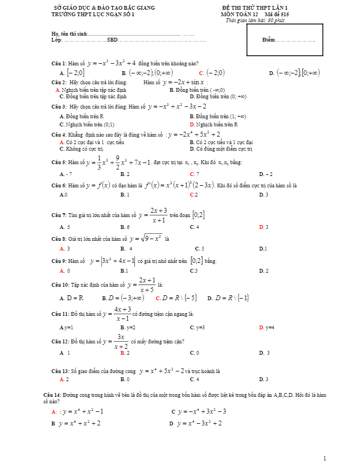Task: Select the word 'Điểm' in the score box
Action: click(x=268, y=40)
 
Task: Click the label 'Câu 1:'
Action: click(x=59, y=64)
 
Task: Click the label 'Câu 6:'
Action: click(x=59, y=186)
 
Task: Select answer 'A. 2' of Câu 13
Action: click(x=64, y=379)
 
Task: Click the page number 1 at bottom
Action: click(x=325, y=458)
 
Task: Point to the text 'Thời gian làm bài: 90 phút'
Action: click(x=255, y=21)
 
